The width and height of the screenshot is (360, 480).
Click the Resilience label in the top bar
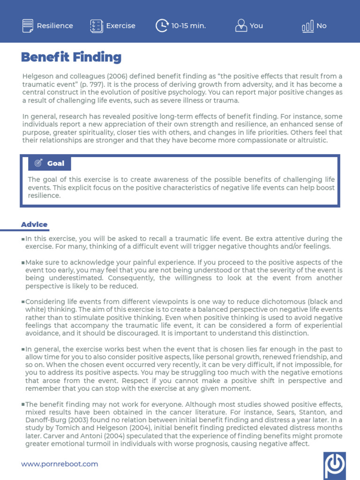pos(55,26)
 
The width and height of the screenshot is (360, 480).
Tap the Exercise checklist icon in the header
pos(96,26)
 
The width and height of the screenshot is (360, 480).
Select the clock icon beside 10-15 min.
pos(162,26)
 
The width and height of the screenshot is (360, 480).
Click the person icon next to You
pos(241,26)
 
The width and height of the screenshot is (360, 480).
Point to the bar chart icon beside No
pos(308,26)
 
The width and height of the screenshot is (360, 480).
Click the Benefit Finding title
pos(71,57)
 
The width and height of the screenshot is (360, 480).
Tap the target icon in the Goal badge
pos(37,164)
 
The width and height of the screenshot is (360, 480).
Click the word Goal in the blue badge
pos(56,164)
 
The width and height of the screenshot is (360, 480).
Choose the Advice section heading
pos(34,225)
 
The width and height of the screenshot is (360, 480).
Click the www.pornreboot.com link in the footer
pos(60,464)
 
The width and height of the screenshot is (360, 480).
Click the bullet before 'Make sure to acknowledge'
pos(23,263)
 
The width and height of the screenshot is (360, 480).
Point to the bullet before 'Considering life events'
pos(23,302)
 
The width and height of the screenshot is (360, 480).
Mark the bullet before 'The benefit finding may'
pos(23,405)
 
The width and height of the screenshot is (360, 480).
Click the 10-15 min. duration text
pos(188,26)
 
